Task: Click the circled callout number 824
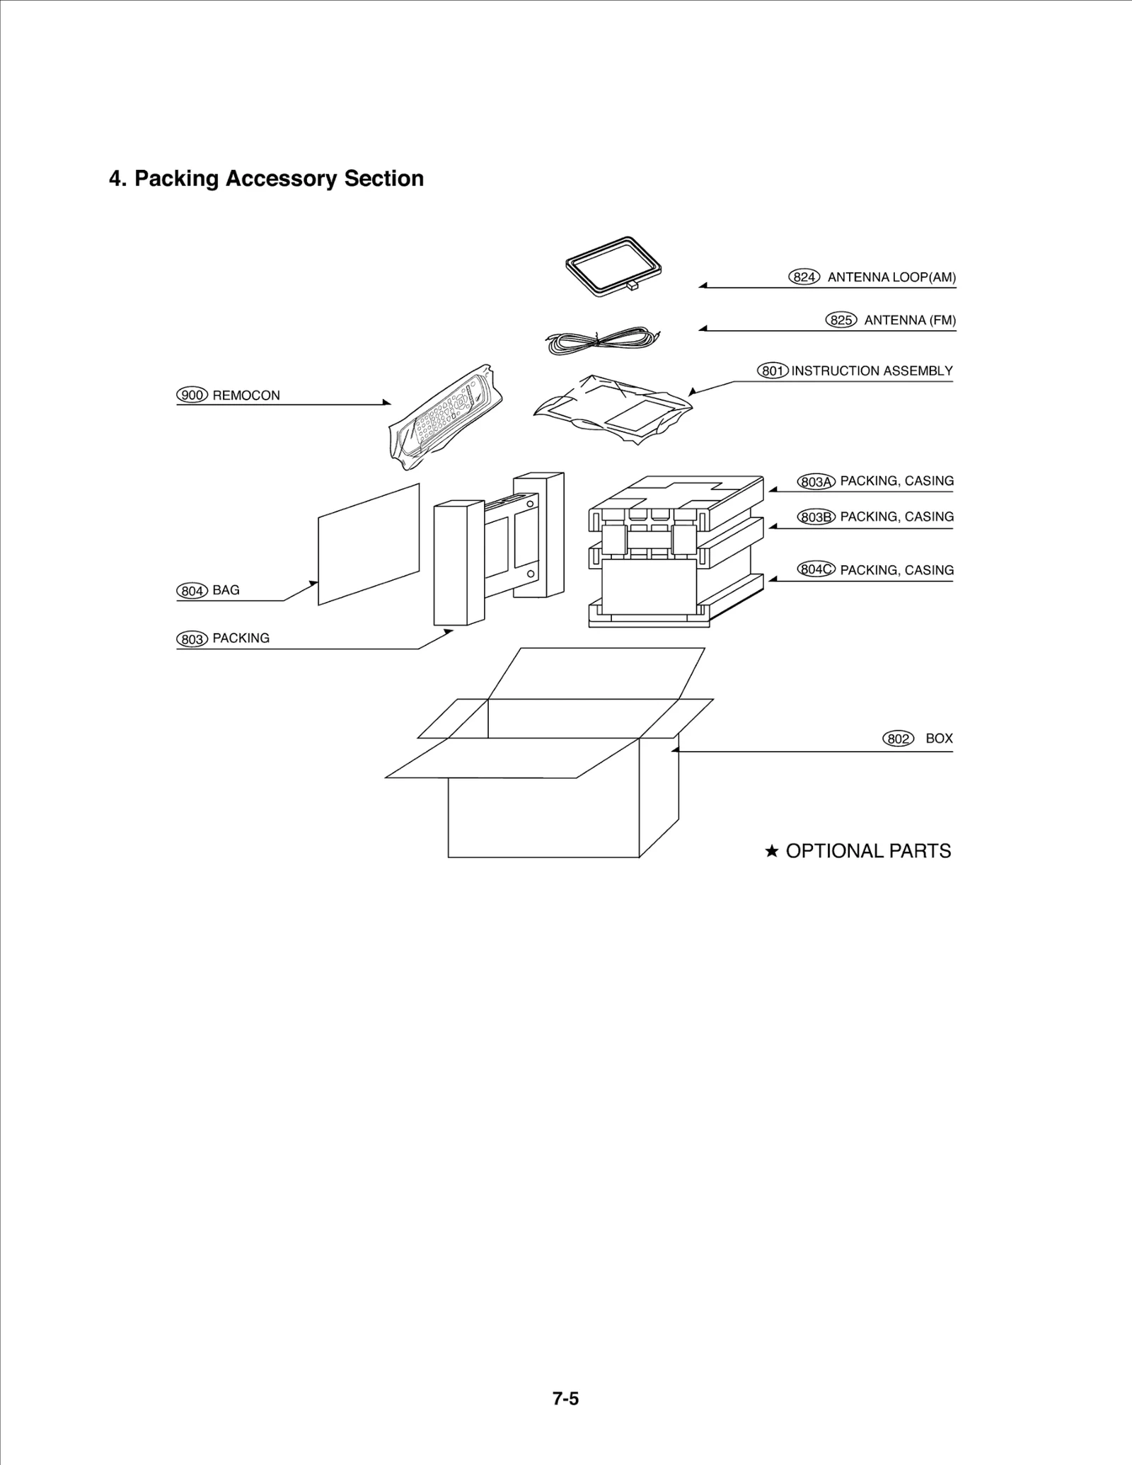804,277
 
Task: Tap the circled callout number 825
841,320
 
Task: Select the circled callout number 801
773,371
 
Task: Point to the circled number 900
192,395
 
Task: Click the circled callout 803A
816,482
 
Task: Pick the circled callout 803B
816,517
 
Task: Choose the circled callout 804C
816,569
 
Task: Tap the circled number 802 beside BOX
898,739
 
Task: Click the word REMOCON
246,395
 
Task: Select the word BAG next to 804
226,590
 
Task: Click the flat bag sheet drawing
369,545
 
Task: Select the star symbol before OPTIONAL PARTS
772,851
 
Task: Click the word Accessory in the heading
281,178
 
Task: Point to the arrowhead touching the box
675,750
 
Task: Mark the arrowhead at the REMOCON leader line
387,403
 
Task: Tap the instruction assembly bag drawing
612,408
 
